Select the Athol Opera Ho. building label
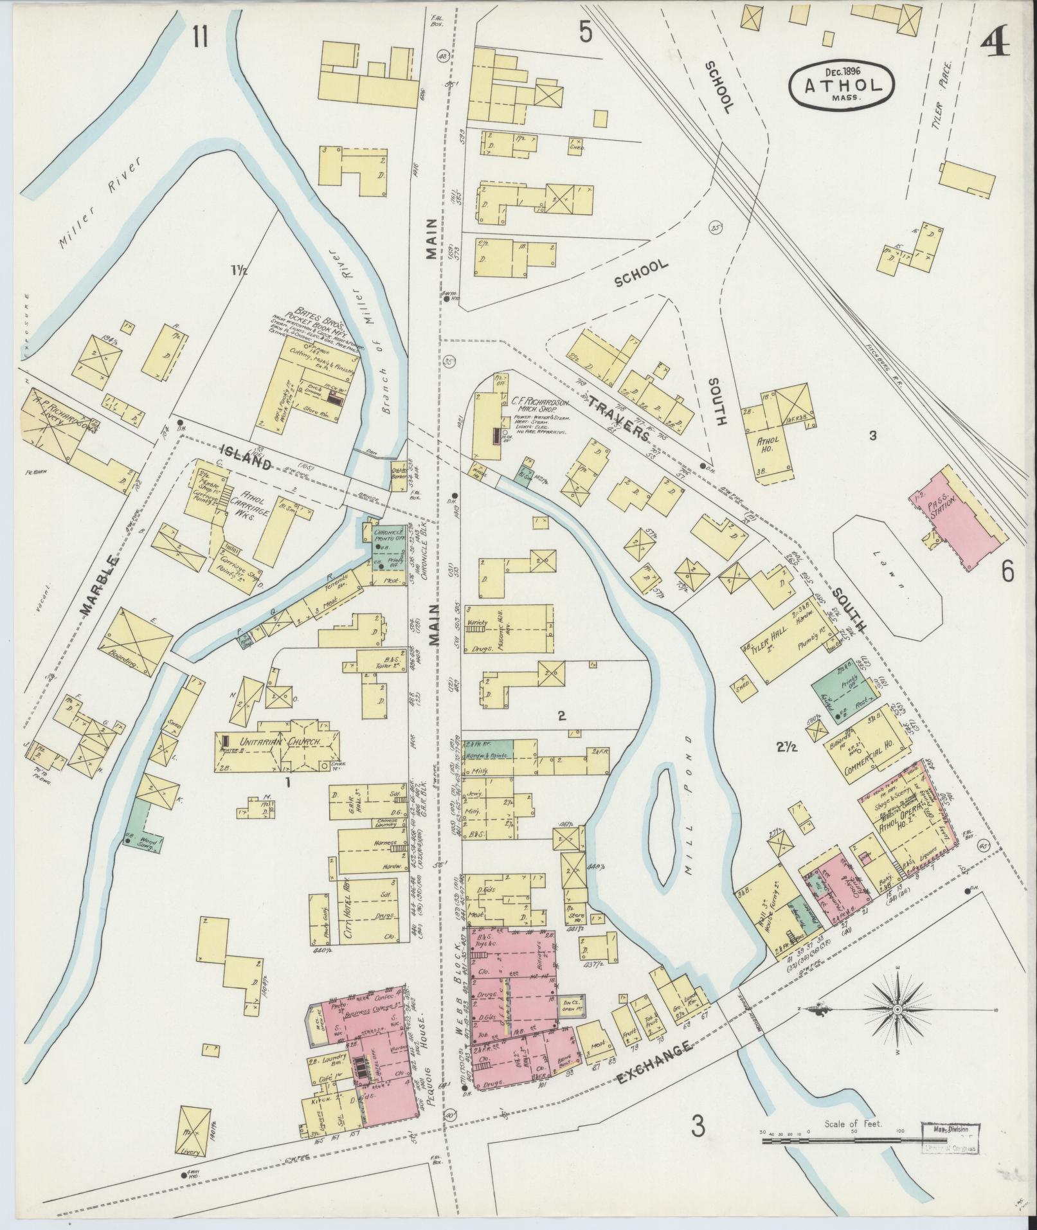[897, 824]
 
